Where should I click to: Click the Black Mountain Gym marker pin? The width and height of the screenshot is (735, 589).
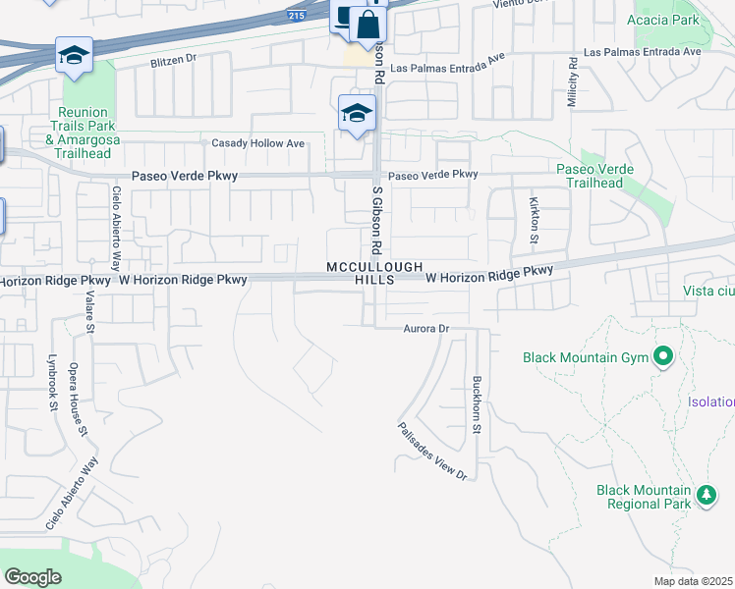tap(663, 357)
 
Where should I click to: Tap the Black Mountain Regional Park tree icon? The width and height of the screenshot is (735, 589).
tap(706, 496)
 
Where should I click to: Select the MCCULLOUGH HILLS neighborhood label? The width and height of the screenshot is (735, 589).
tap(374, 273)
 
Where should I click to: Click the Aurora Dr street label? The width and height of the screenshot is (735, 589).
tap(425, 329)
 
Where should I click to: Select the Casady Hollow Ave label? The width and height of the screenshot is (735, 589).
tap(258, 143)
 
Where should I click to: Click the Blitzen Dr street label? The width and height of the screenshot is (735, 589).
tap(174, 61)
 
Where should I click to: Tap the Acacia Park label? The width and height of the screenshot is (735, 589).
tap(667, 20)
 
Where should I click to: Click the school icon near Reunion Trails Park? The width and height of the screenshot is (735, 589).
tap(74, 57)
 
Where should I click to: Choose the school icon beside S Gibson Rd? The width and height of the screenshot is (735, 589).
tap(357, 113)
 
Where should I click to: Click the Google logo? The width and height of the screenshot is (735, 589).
tap(33, 577)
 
